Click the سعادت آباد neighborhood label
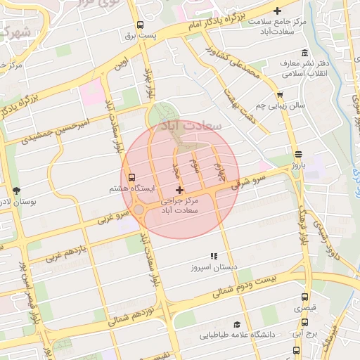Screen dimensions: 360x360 point(191,125)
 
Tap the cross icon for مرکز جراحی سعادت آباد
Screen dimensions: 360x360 point(180,190)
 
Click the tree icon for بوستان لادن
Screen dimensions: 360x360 point(16,191)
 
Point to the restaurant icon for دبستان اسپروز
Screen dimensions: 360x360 point(214,257)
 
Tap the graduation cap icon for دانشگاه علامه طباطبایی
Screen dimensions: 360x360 point(238,324)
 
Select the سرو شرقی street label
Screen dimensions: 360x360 point(252,178)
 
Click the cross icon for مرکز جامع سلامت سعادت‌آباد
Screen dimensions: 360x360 point(278,11)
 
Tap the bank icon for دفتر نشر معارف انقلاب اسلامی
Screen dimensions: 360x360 point(304,53)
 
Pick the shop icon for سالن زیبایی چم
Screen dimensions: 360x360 point(280,94)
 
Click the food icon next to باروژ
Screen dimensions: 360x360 point(298,154)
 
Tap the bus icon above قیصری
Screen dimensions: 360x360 point(304,297)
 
